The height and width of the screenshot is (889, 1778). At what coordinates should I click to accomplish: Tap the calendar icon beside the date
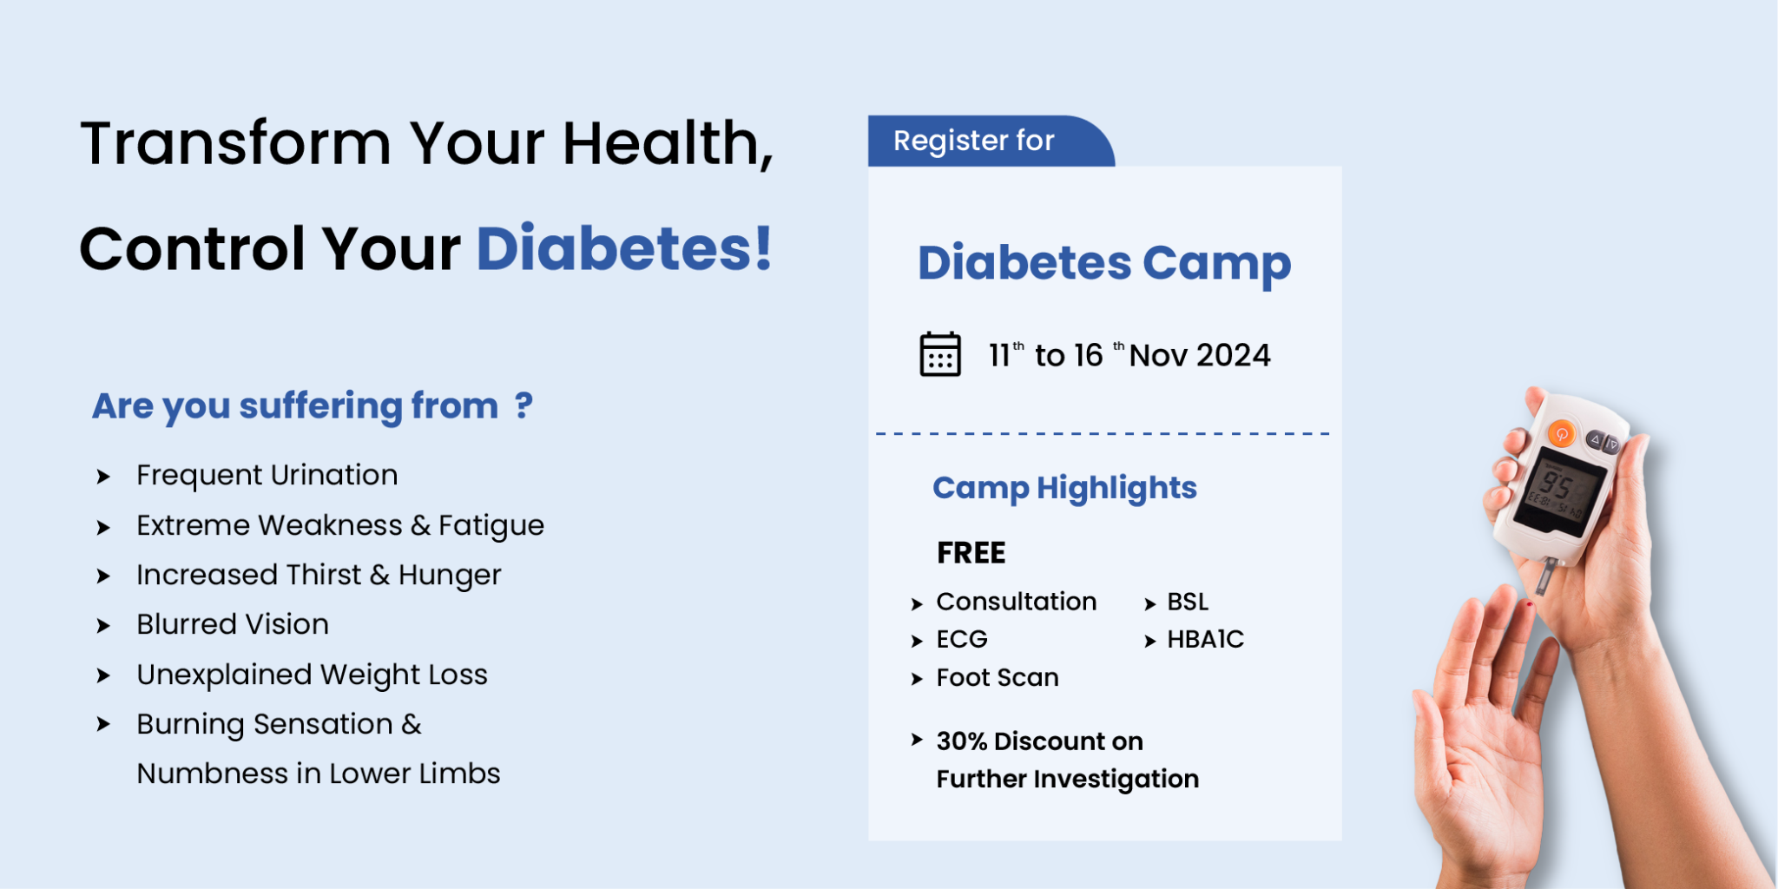tap(939, 354)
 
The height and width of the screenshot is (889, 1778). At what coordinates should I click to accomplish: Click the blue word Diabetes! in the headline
tap(624, 249)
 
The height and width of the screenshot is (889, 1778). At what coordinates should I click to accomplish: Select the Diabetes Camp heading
tap(1103, 263)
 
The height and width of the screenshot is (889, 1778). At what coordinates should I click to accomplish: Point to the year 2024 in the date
tap(1236, 355)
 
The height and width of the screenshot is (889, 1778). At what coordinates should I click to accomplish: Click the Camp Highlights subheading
tap(1064, 488)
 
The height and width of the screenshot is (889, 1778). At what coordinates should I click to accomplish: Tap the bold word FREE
tap(971, 553)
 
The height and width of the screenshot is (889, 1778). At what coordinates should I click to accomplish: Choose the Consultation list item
tap(1016, 602)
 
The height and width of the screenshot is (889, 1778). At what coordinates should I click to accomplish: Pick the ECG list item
tap(962, 640)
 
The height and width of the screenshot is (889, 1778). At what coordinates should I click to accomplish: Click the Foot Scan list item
tap(997, 677)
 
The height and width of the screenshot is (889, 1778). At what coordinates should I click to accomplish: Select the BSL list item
tap(1187, 602)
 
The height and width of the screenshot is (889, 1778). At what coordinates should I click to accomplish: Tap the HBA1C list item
tap(1205, 640)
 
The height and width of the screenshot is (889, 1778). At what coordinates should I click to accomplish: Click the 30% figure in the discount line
tap(961, 741)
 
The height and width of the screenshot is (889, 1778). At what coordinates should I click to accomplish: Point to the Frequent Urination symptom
tap(267, 476)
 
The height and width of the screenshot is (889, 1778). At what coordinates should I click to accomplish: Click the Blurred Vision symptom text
tap(232, 625)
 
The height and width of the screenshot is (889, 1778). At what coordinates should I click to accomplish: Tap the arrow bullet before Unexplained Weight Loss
tap(103, 675)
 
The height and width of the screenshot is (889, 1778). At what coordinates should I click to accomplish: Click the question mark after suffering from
tap(523, 405)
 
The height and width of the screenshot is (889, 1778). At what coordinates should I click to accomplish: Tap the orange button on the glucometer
tap(1561, 434)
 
